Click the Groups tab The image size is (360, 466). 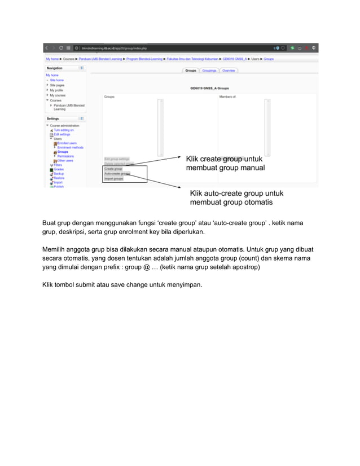click(x=191, y=71)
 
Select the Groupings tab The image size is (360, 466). click(x=209, y=71)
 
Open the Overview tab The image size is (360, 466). click(x=228, y=71)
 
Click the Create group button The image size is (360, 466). click(x=113, y=169)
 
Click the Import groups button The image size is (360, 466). click(x=114, y=179)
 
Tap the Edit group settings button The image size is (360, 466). click(x=117, y=159)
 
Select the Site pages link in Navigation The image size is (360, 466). click(x=57, y=85)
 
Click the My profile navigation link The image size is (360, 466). click(x=56, y=90)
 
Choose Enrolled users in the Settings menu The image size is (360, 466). click(x=67, y=143)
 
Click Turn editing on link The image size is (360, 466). click(x=64, y=130)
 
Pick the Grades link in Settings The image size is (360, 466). click(x=59, y=169)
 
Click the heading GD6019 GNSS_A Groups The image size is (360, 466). click(x=210, y=89)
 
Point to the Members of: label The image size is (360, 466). click(x=227, y=97)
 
